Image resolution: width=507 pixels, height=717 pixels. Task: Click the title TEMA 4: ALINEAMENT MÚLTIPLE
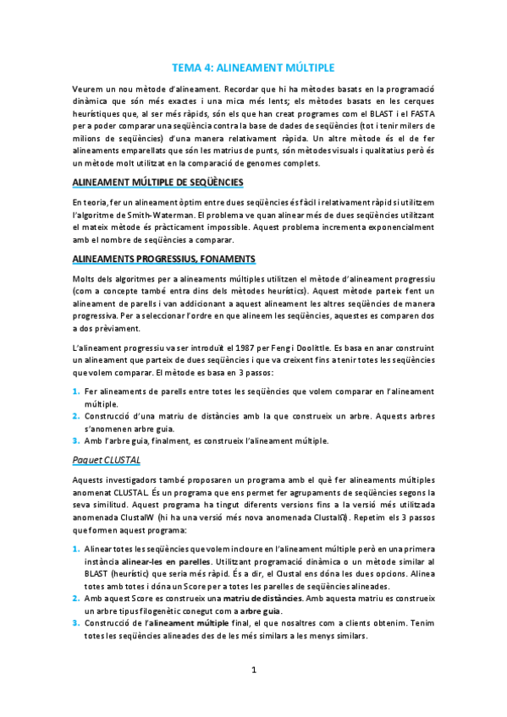pos(253,67)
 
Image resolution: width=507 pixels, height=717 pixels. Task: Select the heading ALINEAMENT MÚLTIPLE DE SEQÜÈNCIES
pos(157,182)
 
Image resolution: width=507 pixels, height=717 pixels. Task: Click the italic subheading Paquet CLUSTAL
pos(106,459)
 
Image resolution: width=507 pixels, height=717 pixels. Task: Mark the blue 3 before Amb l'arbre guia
pos(75,440)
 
